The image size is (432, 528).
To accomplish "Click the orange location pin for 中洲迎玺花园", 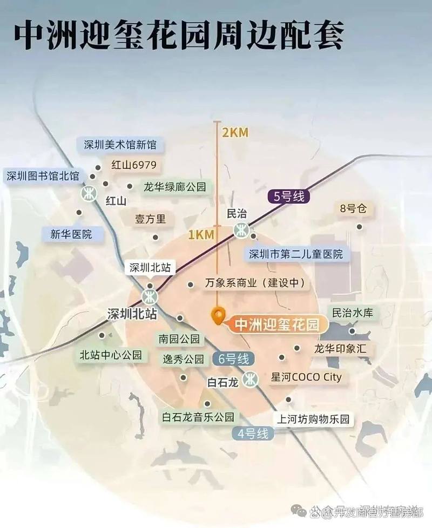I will pos(218,315).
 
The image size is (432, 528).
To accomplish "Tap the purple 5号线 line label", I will pos(289,197).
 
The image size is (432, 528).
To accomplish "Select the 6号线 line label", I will pos(234,358).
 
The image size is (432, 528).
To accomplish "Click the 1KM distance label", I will pos(201,234).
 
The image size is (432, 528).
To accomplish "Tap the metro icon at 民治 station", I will pos(241,231).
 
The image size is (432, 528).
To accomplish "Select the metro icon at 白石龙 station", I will pos(250,380).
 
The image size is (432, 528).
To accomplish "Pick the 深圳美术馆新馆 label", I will pos(120,145).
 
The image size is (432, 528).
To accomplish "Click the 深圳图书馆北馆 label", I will pos(43,176).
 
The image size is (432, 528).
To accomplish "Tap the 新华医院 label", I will pos(71,234).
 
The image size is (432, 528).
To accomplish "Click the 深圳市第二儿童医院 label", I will pos(295,254).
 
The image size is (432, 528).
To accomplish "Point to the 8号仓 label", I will pos(353,208).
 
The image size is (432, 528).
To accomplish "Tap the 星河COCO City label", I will pos(306,377).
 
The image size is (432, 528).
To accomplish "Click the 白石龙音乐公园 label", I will pos(199,417).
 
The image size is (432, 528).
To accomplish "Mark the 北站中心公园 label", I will pos(111,355).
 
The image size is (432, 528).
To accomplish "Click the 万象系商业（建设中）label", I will pos(255,283).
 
